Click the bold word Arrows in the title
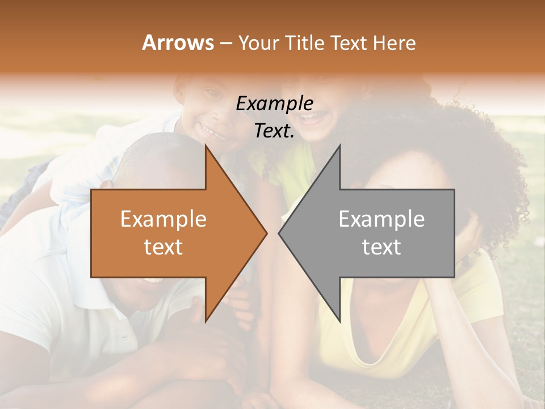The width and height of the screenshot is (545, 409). tap(178, 43)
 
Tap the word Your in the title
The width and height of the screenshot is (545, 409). tap(258, 43)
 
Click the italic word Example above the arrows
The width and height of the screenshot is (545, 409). tap(274, 103)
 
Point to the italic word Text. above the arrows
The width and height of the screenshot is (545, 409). tap(274, 131)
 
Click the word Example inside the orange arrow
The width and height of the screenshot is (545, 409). tap(163, 219)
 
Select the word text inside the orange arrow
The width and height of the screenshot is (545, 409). tap(163, 247)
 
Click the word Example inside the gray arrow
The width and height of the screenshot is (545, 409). tap(381, 219)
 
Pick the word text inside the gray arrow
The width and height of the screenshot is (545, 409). tap(381, 247)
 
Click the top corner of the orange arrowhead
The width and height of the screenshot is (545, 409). tap(206, 147)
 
